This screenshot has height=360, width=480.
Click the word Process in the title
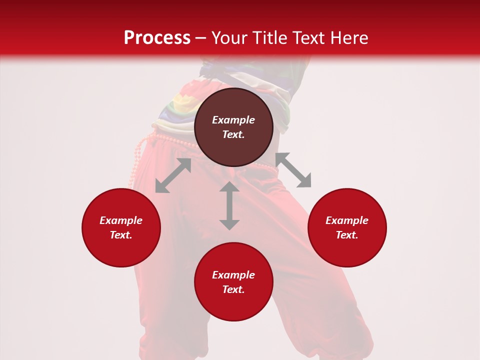tap(157, 38)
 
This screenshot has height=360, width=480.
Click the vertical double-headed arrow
tap(229, 205)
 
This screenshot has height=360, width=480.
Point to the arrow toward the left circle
tap(173, 175)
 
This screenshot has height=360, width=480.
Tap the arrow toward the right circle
tap(293, 170)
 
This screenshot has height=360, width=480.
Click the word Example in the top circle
tap(233, 120)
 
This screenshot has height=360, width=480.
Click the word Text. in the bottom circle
tap(233, 289)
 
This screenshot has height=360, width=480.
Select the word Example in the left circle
tap(121, 220)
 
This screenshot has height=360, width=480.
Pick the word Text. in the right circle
tap(347, 235)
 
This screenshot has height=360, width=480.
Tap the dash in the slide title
tap(201, 38)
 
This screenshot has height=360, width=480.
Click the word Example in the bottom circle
tap(233, 275)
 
